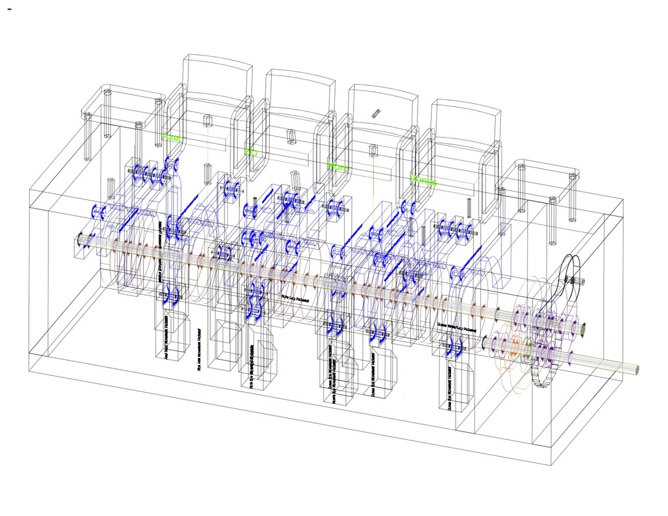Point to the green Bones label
tap(423, 181)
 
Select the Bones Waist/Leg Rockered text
tap(456, 328)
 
